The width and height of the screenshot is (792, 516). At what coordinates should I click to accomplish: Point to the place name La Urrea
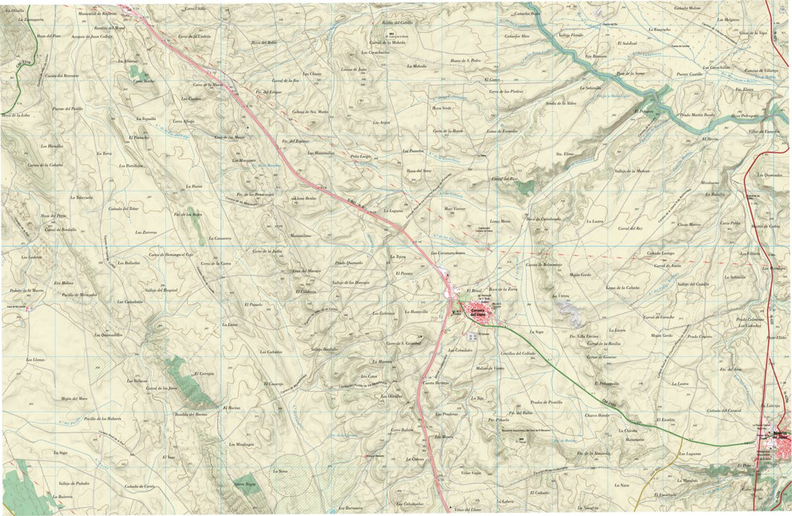[x=560, y=296]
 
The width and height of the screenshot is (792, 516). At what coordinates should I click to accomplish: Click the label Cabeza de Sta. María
[x=310, y=112]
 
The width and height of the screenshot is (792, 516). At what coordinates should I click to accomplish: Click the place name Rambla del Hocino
[x=187, y=414]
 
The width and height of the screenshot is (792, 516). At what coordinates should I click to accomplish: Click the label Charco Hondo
[x=596, y=415]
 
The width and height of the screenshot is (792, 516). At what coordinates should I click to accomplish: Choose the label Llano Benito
[x=306, y=198]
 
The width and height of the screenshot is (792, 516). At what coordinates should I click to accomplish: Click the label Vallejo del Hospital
[x=161, y=290]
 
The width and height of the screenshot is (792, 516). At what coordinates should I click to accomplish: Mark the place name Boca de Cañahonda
[x=543, y=218]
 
